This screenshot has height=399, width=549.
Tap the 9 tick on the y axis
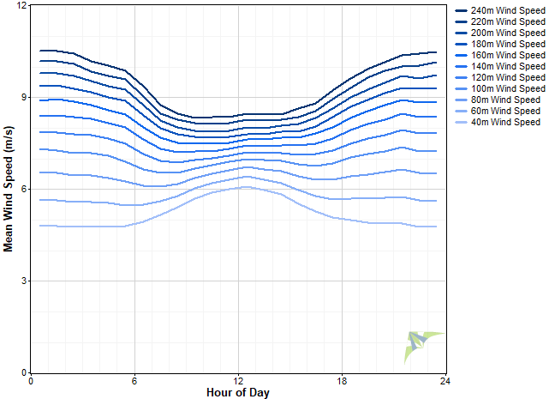coord(25,98)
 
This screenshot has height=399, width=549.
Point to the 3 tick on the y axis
coord(25,281)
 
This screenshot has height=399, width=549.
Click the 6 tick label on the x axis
coord(134,381)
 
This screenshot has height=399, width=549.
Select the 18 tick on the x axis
coord(342,381)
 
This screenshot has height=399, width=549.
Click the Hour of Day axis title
coord(238,392)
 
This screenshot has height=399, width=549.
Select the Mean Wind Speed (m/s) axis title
coord(9,190)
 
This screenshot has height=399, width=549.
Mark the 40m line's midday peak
coord(245,187)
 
